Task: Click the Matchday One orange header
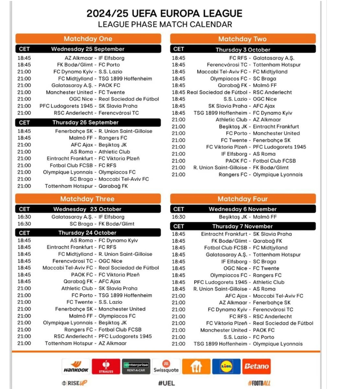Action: (88, 39)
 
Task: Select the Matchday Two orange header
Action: (242, 39)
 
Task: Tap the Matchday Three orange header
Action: (88, 199)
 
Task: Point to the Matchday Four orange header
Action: (242, 199)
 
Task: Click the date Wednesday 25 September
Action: (88, 49)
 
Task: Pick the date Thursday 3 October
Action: (243, 49)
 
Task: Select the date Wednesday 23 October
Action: (88, 209)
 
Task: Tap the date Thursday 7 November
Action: (242, 226)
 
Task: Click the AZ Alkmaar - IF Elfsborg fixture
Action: (95, 58)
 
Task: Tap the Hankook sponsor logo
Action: (75, 366)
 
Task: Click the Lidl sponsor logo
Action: (226, 366)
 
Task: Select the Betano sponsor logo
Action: (256, 366)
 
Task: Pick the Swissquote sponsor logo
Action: (166, 366)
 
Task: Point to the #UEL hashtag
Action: (167, 383)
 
